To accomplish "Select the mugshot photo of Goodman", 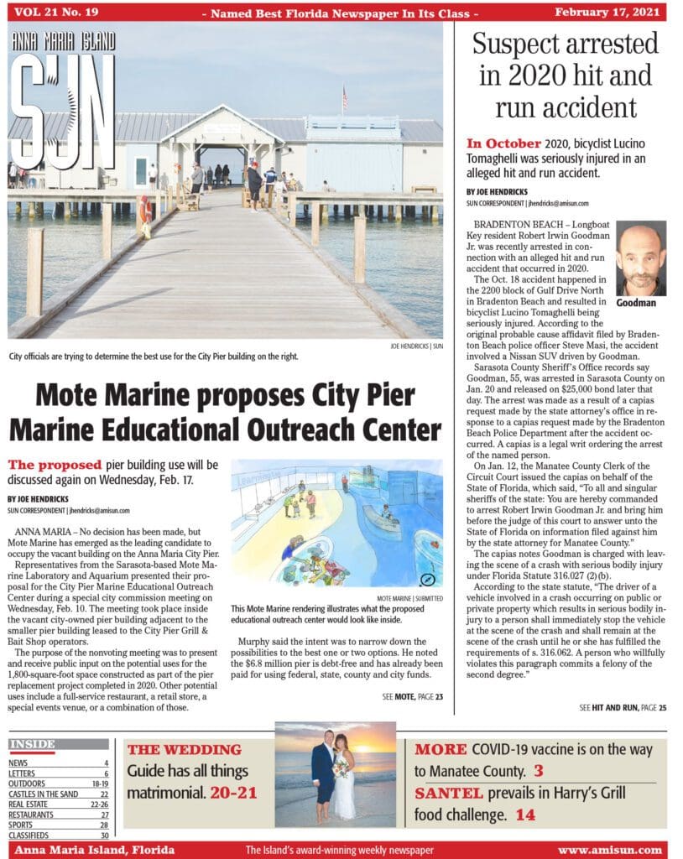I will pos(640,258).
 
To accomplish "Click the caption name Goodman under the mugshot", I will pos(640,303).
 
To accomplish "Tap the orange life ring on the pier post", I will pos(146,207).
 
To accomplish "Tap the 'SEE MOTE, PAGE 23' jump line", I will pos(412,695).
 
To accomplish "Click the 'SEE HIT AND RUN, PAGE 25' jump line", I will pos(623,708).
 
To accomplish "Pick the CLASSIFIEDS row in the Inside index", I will pos(34,836).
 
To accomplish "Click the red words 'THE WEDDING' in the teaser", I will pos(184,750).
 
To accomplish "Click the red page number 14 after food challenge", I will pos(525,815).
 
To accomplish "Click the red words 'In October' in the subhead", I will pos(502,143).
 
